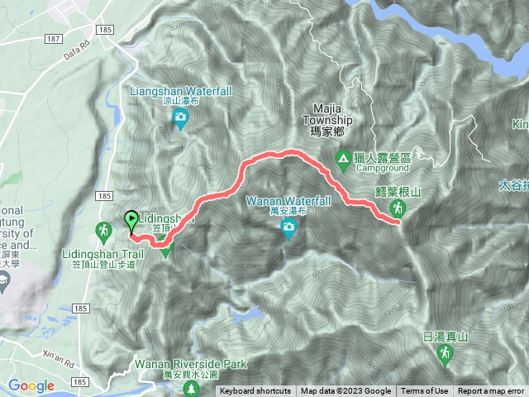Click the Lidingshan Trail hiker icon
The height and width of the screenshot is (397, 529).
pyautogui.click(x=104, y=229)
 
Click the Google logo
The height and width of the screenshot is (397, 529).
pyautogui.click(x=31, y=385)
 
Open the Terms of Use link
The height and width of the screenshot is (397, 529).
pyautogui.click(x=425, y=391)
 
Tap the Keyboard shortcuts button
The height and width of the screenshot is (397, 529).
pyautogui.click(x=255, y=391)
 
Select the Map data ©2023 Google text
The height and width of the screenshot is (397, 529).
pyautogui.click(x=346, y=391)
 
